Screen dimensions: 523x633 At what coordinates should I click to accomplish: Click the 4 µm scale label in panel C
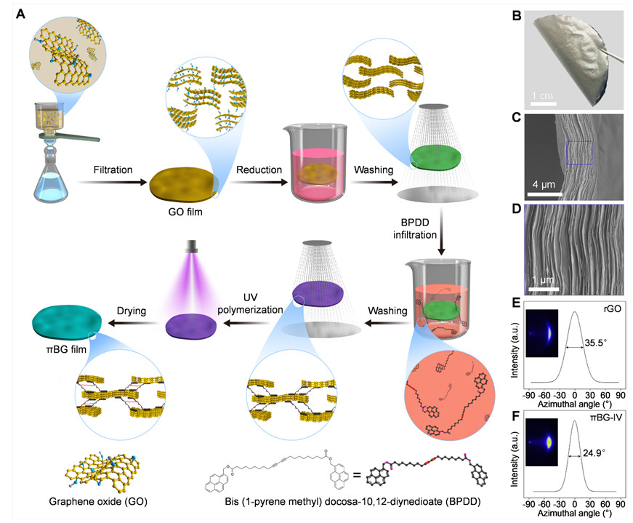pyautogui.click(x=544, y=183)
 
